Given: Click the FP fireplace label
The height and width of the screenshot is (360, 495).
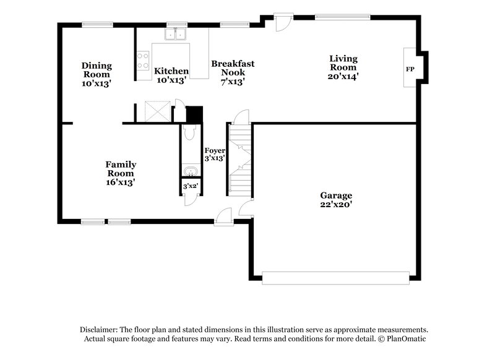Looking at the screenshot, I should (410, 69).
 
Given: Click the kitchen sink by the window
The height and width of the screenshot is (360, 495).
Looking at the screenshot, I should (177, 35).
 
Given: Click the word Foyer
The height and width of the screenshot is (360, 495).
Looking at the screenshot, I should (215, 150).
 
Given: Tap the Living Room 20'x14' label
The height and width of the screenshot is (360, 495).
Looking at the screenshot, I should (343, 67).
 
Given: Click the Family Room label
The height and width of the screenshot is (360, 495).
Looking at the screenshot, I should (121, 173).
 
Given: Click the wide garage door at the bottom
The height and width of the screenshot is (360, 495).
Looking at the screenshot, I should (336, 278).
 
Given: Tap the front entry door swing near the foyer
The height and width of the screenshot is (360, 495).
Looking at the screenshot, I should (224, 213).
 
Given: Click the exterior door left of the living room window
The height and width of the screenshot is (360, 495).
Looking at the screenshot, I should (282, 22).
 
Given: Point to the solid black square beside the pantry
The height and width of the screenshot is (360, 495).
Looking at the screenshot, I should (194, 114).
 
